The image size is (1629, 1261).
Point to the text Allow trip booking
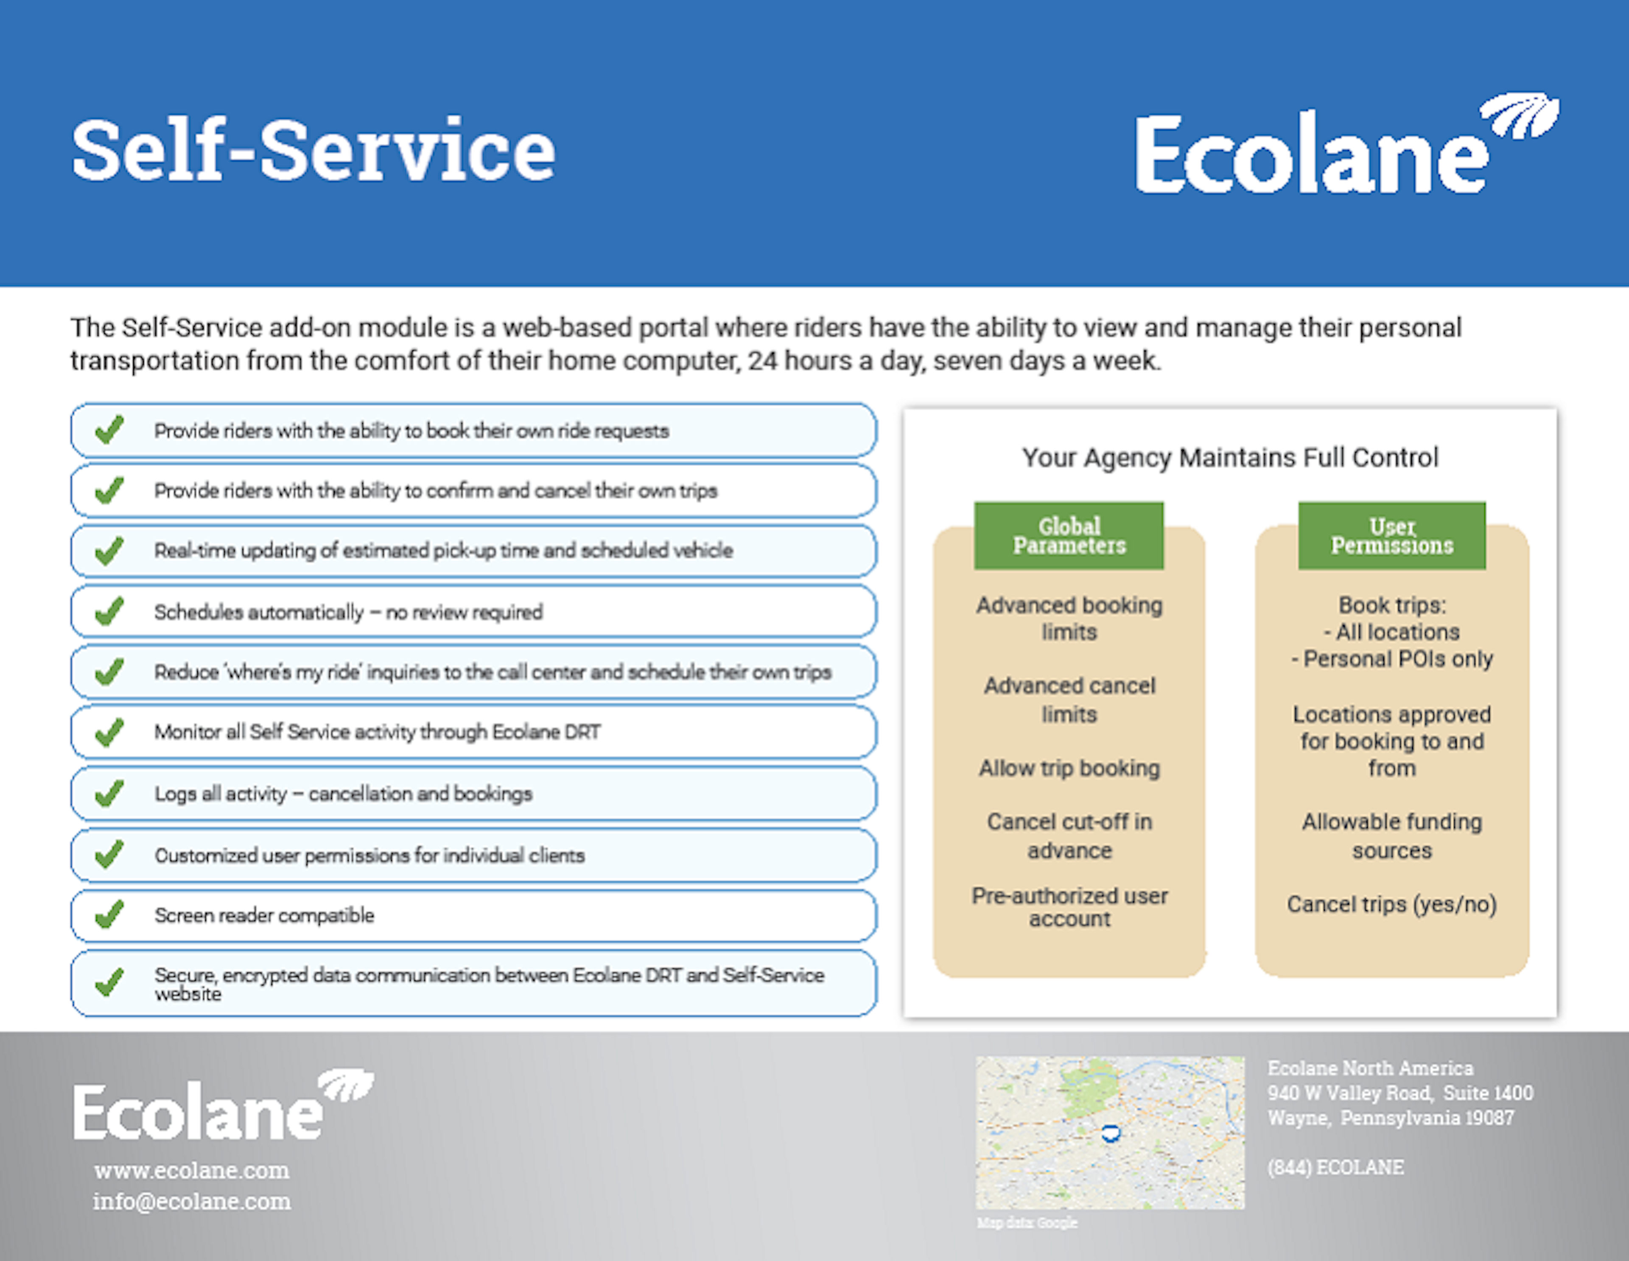(x=1069, y=768)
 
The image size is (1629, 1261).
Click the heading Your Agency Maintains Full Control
(x=1229, y=457)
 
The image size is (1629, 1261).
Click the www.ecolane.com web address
(x=192, y=1170)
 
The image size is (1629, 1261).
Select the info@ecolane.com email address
(x=192, y=1201)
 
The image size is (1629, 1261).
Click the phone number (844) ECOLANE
(x=1335, y=1167)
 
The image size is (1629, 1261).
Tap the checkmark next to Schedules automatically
(x=109, y=612)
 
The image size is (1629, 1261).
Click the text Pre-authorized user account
(x=1069, y=907)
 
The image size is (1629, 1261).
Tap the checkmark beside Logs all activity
(x=109, y=794)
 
